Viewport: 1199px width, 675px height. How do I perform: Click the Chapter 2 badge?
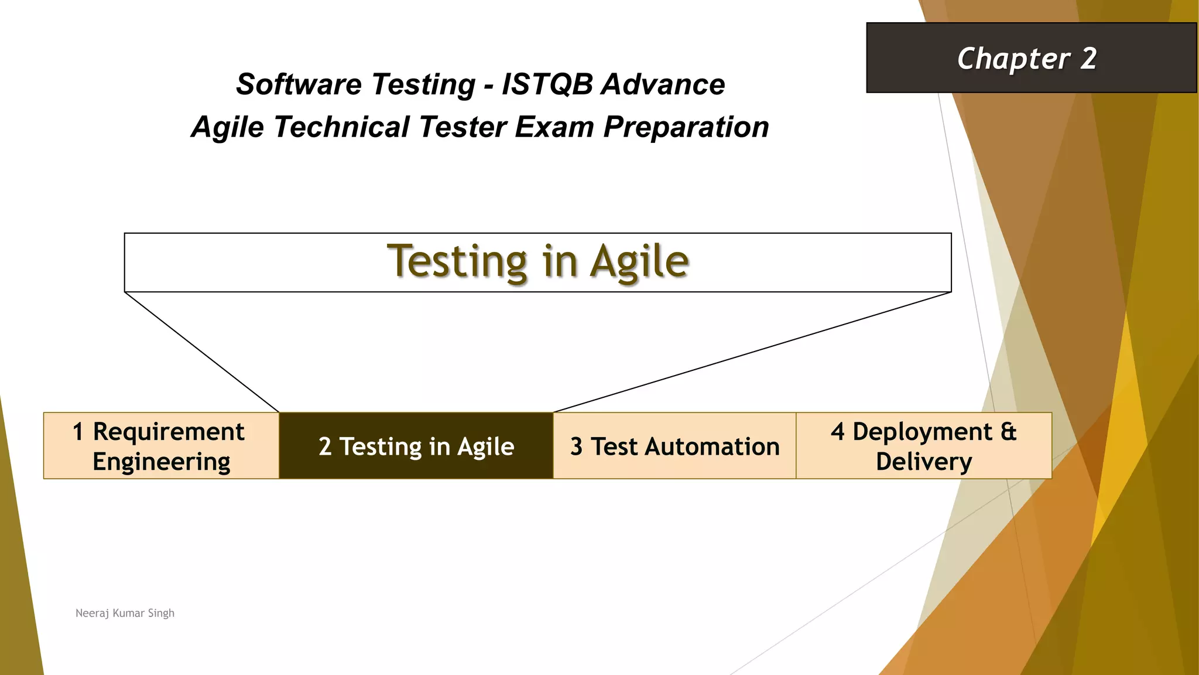tap(1030, 58)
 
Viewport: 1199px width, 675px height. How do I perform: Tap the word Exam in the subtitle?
tap(554, 127)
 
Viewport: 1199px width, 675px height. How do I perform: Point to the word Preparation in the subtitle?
tap(686, 127)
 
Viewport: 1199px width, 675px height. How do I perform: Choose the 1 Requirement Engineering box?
tap(161, 446)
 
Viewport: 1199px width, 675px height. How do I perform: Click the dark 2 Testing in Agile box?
tap(416, 446)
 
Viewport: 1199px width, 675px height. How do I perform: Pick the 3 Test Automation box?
tap(674, 446)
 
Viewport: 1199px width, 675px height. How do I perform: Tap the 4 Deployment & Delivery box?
tap(924, 446)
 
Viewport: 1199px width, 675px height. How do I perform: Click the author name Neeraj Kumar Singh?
tap(125, 613)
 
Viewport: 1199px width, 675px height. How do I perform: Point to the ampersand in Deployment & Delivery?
tap(1008, 432)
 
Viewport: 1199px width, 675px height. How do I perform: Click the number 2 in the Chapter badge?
tap(1088, 59)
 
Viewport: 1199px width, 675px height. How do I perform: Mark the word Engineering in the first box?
tap(161, 462)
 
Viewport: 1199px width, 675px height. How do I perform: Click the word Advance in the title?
tap(663, 84)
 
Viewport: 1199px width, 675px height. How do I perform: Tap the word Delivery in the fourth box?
tap(924, 462)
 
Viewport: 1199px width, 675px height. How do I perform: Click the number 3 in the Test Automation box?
tap(576, 447)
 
